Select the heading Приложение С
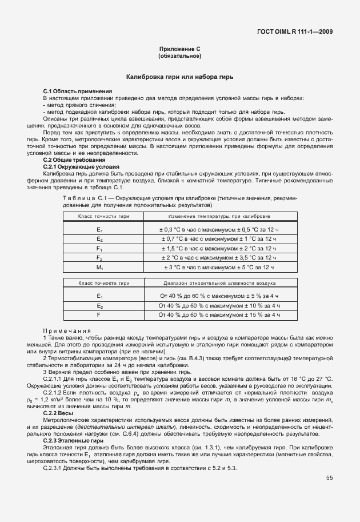(x=179, y=50)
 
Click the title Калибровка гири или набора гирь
(x=179, y=77)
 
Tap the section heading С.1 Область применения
(x=78, y=91)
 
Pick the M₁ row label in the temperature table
(x=99, y=267)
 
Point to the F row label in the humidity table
(x=99, y=315)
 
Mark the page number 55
(x=330, y=478)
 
